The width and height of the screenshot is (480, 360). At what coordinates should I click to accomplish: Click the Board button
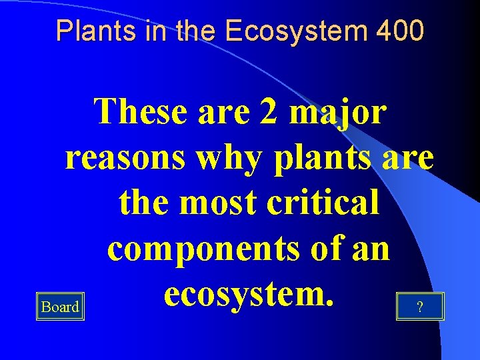point(60,307)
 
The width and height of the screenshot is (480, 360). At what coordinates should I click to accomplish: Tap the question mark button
point(419,307)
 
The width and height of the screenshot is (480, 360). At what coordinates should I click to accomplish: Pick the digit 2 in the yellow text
point(271,112)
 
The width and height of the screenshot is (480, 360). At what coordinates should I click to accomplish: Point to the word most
point(222,203)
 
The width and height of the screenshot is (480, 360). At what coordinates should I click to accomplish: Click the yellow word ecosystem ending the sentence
point(248,293)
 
